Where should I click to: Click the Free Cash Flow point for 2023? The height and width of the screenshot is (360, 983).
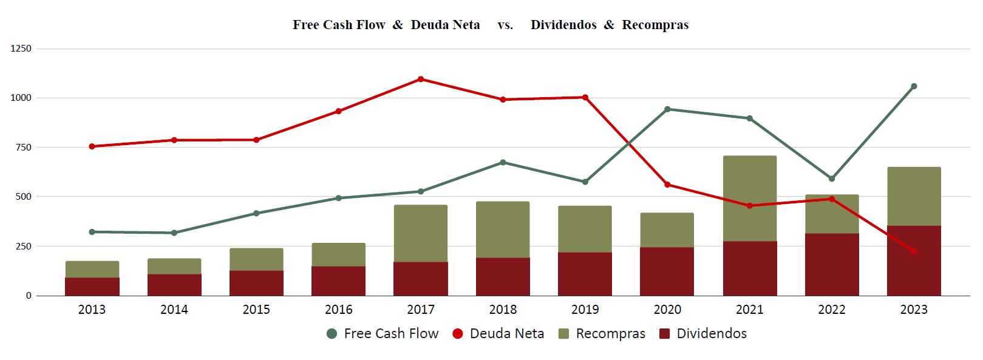(x=914, y=86)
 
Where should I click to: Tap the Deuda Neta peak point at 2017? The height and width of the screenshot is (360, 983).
(x=421, y=79)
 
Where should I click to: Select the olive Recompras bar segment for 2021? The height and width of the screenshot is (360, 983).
(x=750, y=199)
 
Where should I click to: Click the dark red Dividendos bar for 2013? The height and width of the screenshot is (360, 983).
(x=92, y=287)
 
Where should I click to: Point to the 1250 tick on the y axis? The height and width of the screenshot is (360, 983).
(x=21, y=49)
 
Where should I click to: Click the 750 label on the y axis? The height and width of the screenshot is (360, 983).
(x=21, y=148)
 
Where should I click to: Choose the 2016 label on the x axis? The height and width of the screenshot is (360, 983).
(x=339, y=310)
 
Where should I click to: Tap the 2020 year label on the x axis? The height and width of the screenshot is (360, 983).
(x=667, y=310)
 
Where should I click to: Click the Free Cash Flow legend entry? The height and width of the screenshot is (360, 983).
(x=383, y=333)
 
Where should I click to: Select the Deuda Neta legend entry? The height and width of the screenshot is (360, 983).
(x=498, y=333)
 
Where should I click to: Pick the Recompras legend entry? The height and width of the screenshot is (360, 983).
(x=602, y=333)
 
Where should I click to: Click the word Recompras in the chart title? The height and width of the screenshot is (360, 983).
(x=655, y=25)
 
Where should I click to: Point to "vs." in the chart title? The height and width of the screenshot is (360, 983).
(x=505, y=25)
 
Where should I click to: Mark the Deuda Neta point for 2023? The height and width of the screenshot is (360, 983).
(x=914, y=251)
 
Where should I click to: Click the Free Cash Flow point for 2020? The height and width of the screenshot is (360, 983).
(x=667, y=109)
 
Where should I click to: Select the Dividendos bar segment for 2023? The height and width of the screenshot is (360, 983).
(x=914, y=260)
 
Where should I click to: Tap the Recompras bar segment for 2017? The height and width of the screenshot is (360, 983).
(x=421, y=233)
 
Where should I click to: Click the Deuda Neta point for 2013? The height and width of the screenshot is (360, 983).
(x=92, y=146)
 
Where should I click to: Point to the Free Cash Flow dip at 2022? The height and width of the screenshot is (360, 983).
(x=832, y=178)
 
